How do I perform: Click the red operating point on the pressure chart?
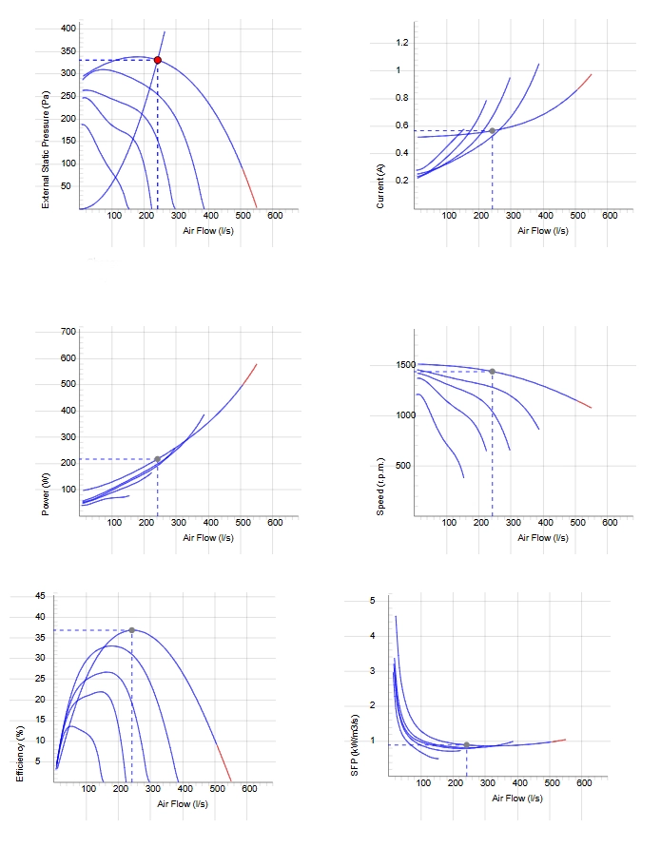(157, 60)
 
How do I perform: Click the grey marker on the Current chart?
(493, 131)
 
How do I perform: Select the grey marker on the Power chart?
(157, 459)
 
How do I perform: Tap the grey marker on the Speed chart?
(493, 371)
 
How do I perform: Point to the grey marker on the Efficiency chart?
(132, 630)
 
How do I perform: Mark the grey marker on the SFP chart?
(466, 745)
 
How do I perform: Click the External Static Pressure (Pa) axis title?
(46, 149)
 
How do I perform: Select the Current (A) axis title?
(380, 185)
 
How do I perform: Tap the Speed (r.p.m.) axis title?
(380, 487)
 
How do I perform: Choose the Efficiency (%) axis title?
(20, 753)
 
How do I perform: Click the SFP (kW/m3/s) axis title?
(355, 745)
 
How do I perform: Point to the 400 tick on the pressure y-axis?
(68, 29)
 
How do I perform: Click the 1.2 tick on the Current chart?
(402, 43)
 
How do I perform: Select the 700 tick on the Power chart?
(68, 331)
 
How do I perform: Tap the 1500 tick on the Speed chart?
(406, 365)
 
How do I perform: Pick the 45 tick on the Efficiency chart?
(41, 596)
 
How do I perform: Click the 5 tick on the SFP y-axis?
(372, 601)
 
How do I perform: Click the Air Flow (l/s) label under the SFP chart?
(517, 798)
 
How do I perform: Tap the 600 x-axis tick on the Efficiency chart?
(249, 789)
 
